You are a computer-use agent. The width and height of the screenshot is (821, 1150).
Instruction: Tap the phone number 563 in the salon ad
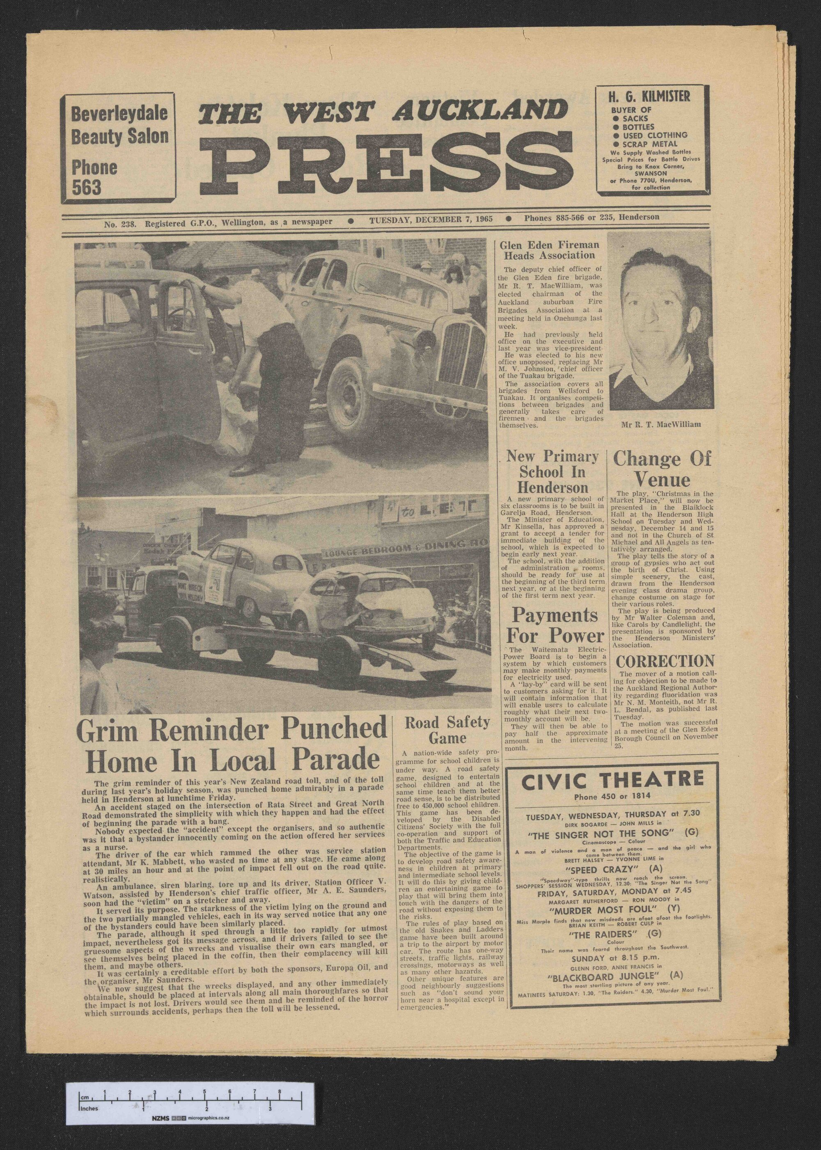click(87, 188)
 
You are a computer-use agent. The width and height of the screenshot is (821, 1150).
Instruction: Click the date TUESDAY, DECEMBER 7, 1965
click(431, 218)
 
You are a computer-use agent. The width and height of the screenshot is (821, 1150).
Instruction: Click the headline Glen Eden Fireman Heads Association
click(550, 250)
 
